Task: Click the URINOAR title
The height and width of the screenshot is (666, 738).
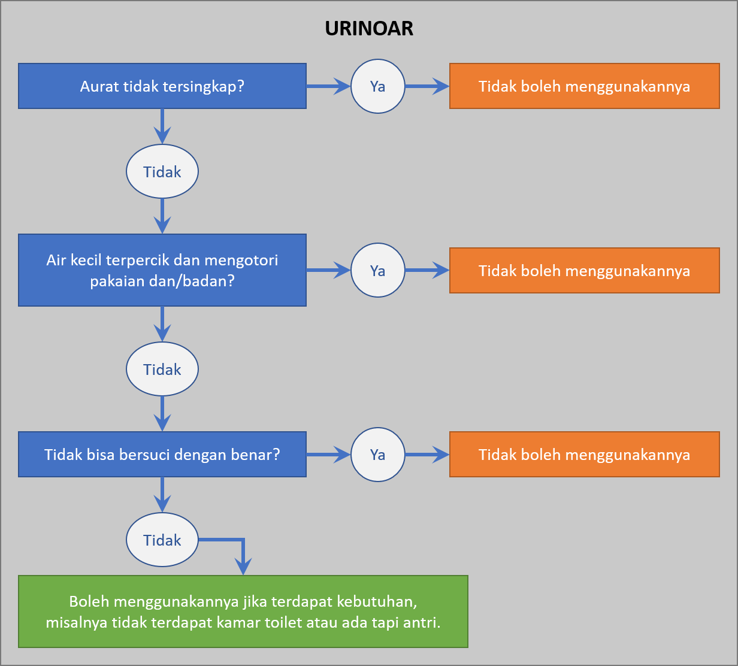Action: [369, 28]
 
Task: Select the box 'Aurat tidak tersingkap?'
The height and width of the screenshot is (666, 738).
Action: [162, 86]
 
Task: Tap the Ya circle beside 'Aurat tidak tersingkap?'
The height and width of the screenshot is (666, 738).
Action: [378, 86]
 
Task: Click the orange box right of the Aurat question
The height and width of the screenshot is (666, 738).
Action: [585, 86]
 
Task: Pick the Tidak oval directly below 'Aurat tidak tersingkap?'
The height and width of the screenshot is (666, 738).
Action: [162, 171]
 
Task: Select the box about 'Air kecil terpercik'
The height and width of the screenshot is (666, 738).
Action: [162, 270]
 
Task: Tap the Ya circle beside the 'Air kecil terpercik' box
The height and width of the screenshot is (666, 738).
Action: [378, 270]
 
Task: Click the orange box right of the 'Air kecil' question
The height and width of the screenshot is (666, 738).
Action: [585, 271]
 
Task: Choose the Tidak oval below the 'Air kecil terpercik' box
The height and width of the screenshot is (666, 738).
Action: [162, 369]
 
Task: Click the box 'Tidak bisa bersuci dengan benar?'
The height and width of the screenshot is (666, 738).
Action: [162, 455]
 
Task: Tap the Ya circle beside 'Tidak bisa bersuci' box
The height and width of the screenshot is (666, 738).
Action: [378, 455]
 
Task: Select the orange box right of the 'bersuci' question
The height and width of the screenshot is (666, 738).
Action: [585, 455]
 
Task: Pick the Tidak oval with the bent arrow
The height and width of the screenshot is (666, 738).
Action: [162, 540]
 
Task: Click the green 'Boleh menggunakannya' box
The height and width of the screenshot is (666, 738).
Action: [243, 611]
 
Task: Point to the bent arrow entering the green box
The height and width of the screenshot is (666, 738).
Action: [243, 540]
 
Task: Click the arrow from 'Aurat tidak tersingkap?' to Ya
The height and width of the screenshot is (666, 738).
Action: [328, 86]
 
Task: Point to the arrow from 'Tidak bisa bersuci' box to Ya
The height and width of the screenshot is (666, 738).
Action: [328, 455]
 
